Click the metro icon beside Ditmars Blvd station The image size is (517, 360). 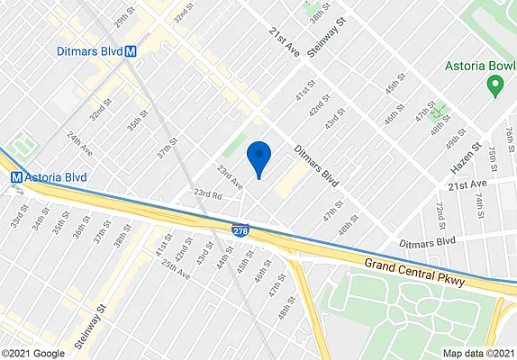coord(132,51)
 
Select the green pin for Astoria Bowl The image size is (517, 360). coord(494,87)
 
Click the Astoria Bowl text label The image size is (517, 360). coord(478,67)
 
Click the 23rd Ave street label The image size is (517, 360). coord(229,175)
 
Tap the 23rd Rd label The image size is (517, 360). coord(208,194)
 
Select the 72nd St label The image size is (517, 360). coord(441,216)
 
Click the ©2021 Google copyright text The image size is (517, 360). coord(32,353)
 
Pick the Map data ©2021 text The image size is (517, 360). coord(480,353)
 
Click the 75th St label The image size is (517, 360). coord(494,156)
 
